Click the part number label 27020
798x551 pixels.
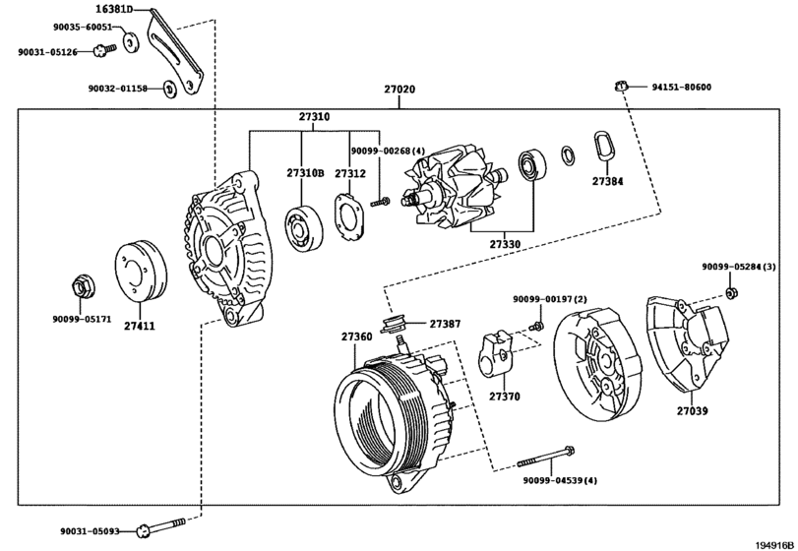(399, 89)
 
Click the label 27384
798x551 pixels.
(608, 181)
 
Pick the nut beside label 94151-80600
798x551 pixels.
(620, 86)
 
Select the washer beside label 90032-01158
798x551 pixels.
(170, 90)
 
